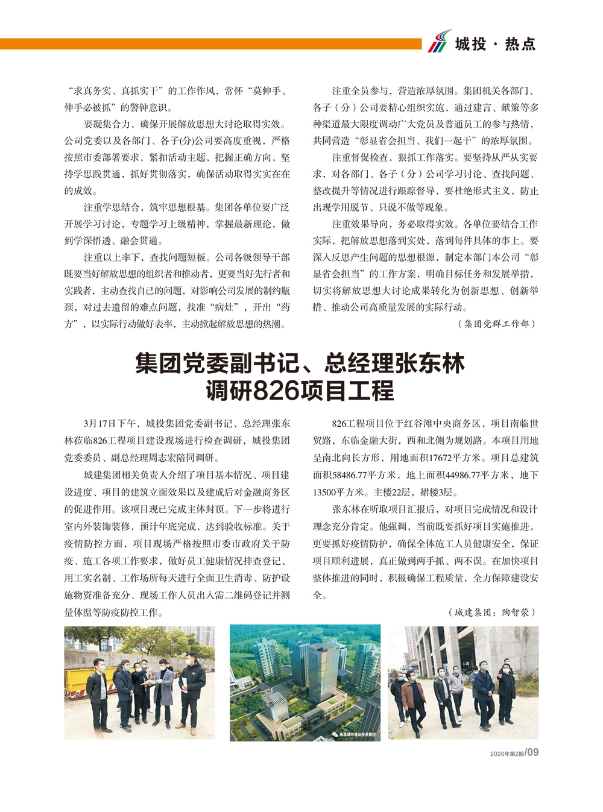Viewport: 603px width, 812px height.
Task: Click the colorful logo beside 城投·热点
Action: pyautogui.click(x=440, y=41)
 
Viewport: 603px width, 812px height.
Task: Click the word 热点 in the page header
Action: pyautogui.click(x=520, y=44)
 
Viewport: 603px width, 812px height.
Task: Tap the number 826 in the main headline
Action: pyautogui.click(x=277, y=391)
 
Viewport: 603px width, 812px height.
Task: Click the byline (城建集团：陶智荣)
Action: pyautogui.click(x=492, y=612)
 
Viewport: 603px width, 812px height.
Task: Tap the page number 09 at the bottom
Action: pyautogui.click(x=532, y=752)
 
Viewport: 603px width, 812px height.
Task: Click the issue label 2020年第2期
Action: pyautogui.click(x=507, y=754)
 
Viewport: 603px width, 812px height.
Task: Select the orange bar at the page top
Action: pyautogui.click(x=211, y=44)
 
